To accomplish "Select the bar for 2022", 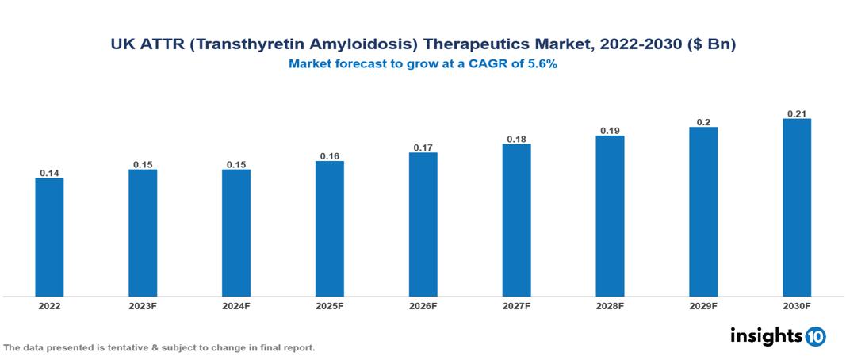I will [x=49, y=237].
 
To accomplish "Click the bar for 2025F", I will [x=329, y=228].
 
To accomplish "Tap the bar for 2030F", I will [x=797, y=208].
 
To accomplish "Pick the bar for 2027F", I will [x=516, y=220].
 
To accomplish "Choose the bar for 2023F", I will [x=143, y=233].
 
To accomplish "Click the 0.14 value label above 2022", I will [x=49, y=173].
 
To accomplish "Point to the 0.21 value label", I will [x=797, y=113].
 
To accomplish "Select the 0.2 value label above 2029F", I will [x=703, y=122].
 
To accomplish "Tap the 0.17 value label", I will [x=423, y=147].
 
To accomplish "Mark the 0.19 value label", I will [x=610, y=130].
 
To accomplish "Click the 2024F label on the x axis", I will [x=236, y=305].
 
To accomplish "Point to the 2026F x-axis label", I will [x=423, y=305].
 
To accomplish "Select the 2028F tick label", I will [x=610, y=305].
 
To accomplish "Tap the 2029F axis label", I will [x=703, y=305].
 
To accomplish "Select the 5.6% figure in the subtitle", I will [x=542, y=64].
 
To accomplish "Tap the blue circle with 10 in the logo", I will [x=815, y=336].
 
